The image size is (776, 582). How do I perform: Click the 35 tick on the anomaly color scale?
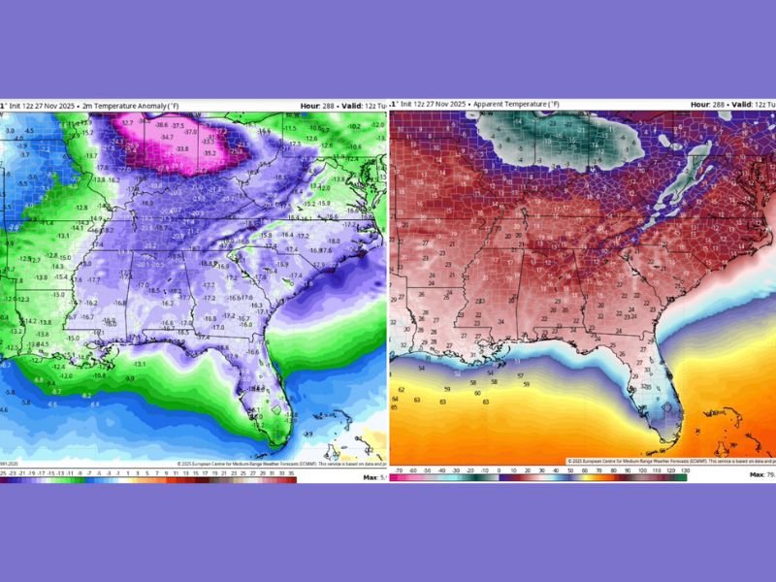(x=292, y=471)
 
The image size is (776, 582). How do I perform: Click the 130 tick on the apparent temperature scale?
(x=686, y=470)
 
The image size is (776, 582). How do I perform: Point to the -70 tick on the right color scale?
(x=398, y=470)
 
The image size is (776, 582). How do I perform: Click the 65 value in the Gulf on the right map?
(x=394, y=407)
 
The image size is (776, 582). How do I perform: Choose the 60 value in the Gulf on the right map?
(x=477, y=393)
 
